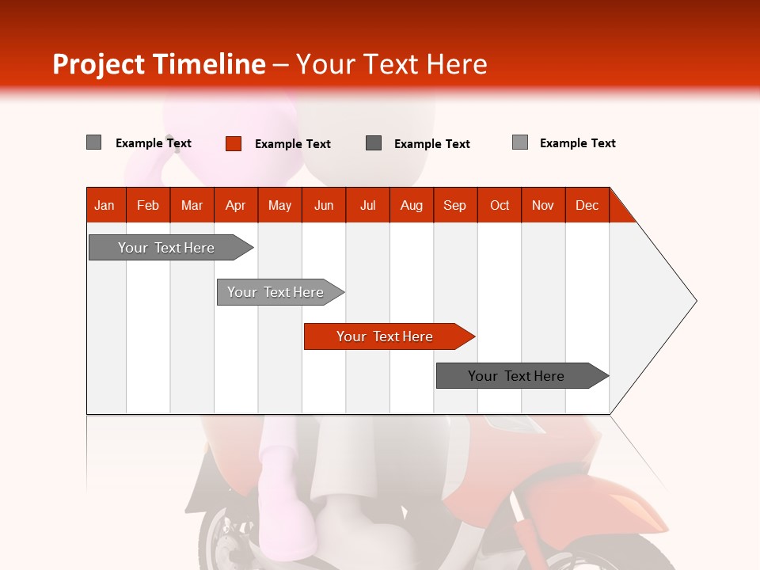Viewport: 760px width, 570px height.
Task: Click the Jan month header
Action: click(x=105, y=205)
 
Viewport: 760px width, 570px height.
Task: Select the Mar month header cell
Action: click(x=192, y=205)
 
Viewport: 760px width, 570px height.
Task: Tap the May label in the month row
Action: click(x=279, y=205)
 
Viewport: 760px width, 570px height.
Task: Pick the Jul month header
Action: click(x=367, y=205)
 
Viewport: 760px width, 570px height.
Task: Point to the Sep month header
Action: click(x=454, y=205)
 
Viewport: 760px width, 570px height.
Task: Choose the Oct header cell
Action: click(x=500, y=205)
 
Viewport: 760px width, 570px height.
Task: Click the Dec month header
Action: click(x=587, y=205)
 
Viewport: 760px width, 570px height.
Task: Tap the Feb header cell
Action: click(x=148, y=205)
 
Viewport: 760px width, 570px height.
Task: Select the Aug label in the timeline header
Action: click(x=411, y=205)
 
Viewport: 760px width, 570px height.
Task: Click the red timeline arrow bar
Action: click(x=388, y=336)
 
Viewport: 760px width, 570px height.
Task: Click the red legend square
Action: click(x=234, y=143)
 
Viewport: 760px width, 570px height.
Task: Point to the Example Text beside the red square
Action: click(x=292, y=144)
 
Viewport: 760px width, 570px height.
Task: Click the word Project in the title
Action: click(x=99, y=64)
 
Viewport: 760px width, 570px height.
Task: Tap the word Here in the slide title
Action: click(x=457, y=64)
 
